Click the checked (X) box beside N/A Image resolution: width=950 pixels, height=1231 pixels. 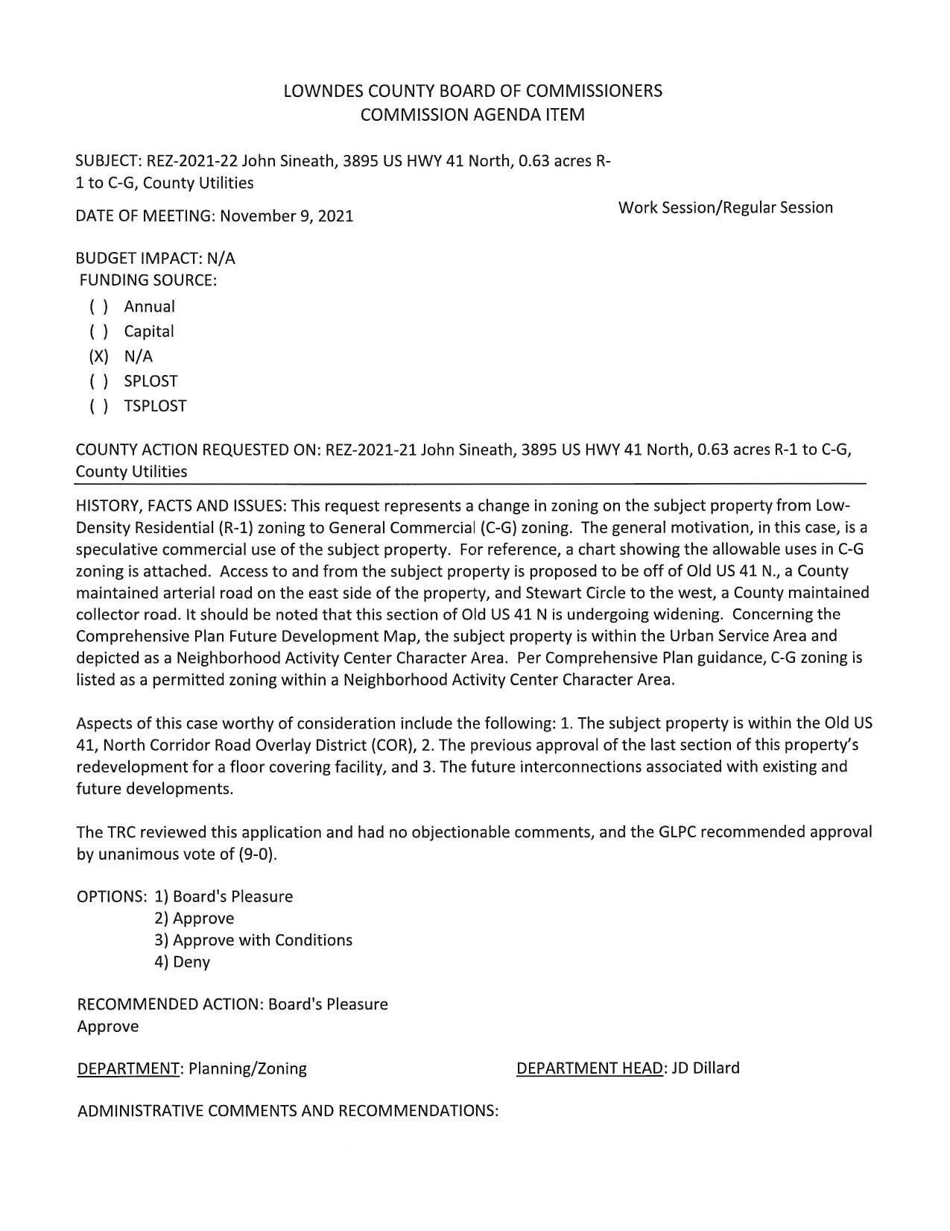[x=98, y=356]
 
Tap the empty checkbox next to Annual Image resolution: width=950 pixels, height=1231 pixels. [x=98, y=306]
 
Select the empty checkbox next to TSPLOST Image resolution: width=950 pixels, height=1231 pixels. [x=98, y=406]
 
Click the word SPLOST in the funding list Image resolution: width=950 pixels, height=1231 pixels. [x=151, y=381]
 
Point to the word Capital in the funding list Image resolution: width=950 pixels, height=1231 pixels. [x=149, y=331]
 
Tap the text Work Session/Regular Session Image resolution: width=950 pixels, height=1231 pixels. [x=725, y=207]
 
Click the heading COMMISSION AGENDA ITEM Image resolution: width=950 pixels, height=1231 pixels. [x=472, y=115]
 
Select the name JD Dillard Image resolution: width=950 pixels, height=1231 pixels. [x=706, y=1068]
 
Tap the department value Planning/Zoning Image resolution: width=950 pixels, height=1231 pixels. [x=247, y=1068]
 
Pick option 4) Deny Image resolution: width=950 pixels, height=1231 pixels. [x=183, y=962]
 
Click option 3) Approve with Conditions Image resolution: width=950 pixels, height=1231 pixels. [x=253, y=940]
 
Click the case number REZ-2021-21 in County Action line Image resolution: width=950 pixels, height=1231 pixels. [x=371, y=450]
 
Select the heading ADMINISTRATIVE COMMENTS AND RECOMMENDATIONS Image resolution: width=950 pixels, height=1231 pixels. [x=288, y=1111]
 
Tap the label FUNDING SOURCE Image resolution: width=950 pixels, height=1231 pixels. [x=148, y=281]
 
